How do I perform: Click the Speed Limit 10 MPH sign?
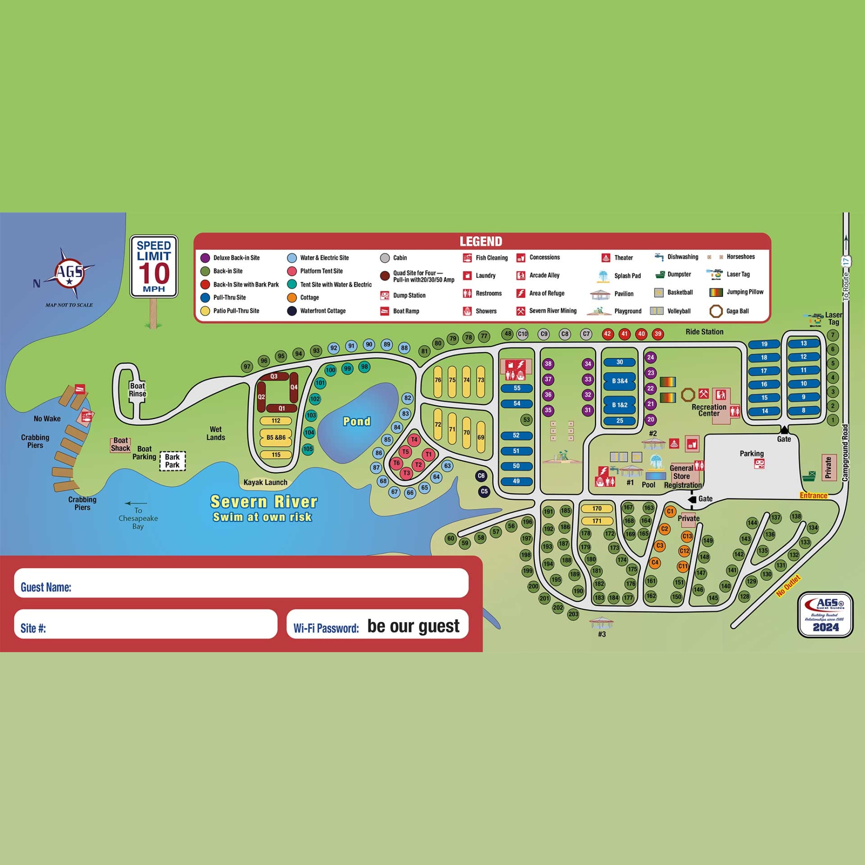coord(154,267)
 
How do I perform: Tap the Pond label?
coord(356,421)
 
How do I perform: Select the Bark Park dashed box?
coord(172,461)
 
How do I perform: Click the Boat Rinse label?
coord(137,389)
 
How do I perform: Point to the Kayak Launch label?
coord(265,482)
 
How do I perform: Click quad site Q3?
coord(274,376)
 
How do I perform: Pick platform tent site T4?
coord(414,440)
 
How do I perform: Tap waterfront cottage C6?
coord(481,476)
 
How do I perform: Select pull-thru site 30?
coord(620,362)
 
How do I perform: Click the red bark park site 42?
coord(607,334)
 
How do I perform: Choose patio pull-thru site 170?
coord(596,509)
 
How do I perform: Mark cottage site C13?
coord(687,536)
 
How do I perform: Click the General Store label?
coord(681,472)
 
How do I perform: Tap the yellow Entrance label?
coord(813,495)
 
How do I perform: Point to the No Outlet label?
coord(788,586)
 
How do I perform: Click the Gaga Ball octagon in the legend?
coord(716,311)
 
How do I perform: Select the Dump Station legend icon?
coord(385,296)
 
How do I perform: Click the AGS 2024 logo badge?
coord(825,615)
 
